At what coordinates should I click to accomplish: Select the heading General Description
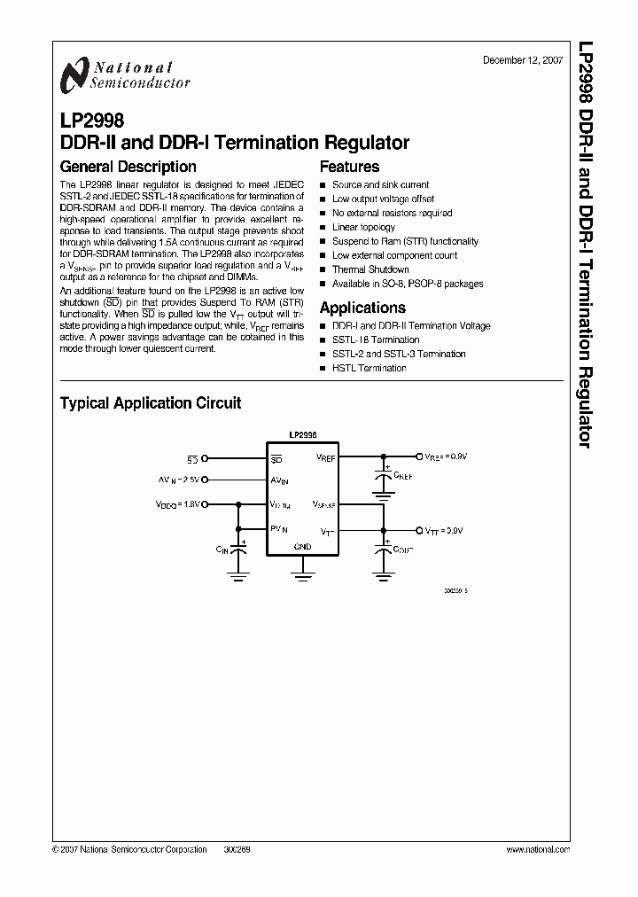128,167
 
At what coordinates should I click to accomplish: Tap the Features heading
349,167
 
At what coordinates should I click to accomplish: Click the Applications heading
362,308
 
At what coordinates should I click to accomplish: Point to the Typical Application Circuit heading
151,402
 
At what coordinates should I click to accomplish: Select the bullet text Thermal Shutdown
370,269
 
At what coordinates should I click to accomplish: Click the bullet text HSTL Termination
370,368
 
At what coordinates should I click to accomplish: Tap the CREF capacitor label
404,475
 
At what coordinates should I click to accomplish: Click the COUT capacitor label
404,550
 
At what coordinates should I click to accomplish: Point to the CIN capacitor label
222,550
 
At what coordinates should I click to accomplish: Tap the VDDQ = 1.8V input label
179,503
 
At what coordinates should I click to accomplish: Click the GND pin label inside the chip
302,547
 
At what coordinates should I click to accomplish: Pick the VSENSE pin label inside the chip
323,503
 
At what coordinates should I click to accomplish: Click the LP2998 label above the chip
302,435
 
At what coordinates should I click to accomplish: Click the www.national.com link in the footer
538,849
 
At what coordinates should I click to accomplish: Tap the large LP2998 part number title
92,121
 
